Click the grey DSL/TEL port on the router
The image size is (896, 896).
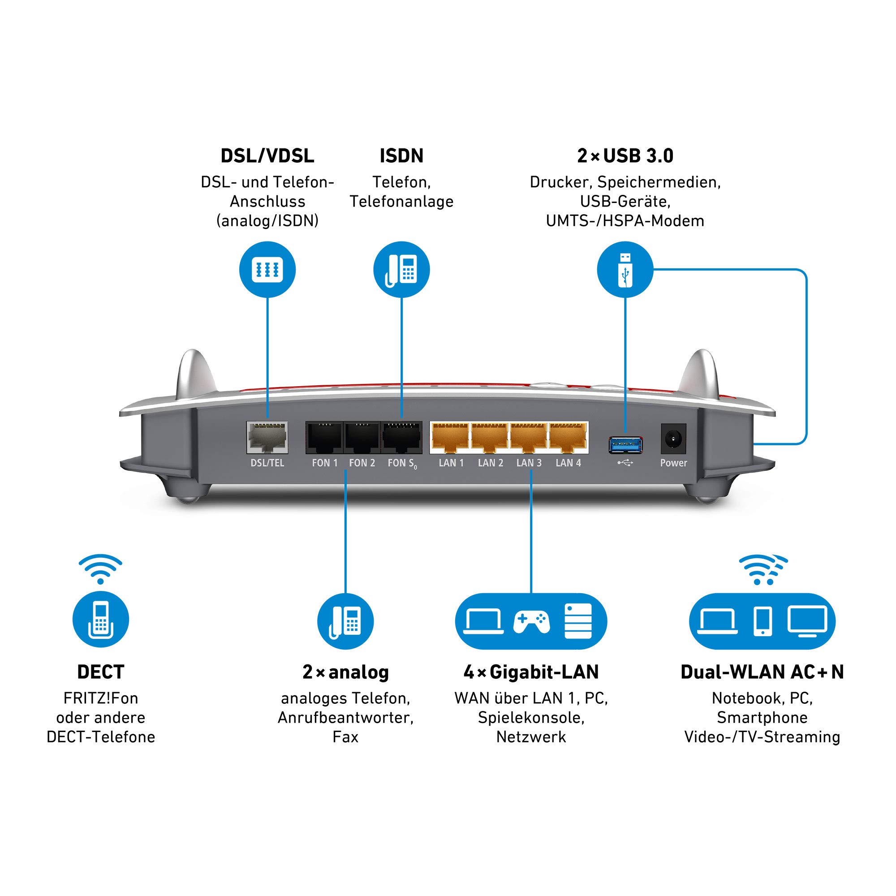267,437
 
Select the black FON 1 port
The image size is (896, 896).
324,438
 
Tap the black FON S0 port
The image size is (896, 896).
401,438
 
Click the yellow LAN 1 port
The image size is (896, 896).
450,438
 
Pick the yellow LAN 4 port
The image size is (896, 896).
568,438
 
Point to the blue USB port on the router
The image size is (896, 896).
625,445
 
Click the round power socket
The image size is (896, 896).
673,438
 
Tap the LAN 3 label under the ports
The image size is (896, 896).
529,463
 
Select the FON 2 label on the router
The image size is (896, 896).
362,463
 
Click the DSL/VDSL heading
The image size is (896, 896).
267,156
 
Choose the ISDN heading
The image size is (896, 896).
401,156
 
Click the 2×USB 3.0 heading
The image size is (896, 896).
625,156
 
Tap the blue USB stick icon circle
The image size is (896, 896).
625,269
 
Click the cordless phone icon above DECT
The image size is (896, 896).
101,620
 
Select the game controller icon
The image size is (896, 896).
531,621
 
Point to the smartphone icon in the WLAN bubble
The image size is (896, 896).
762,621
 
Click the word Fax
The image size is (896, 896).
345,737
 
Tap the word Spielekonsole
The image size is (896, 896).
531,717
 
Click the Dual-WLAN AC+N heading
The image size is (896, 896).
762,672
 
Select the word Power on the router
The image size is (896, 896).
673,463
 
